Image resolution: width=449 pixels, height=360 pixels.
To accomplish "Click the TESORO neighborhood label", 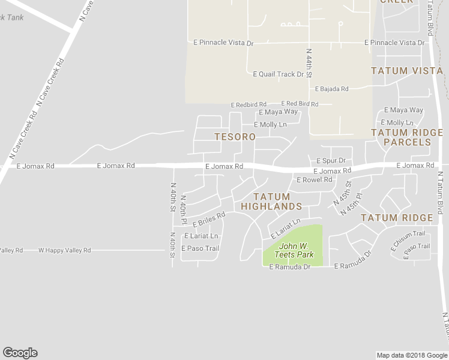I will pos(235,137).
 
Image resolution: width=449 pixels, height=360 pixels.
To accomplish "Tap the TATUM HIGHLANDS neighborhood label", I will pos(271,202).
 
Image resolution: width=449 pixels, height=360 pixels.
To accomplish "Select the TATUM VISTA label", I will pos(407,71).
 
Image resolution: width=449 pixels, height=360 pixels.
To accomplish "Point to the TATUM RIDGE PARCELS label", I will pos(407,137).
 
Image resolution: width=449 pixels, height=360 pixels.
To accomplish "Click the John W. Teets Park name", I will pos(294,250).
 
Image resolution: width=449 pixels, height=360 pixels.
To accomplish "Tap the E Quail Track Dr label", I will pos(279,74).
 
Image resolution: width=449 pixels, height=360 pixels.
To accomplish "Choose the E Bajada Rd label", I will pos(332,89).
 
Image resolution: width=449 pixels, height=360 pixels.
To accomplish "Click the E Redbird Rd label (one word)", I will pos(249,105).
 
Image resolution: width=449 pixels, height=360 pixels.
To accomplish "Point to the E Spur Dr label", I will pos(331,161).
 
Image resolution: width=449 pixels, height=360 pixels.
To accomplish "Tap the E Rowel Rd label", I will pos(314,179).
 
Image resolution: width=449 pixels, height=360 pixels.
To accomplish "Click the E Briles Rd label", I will pos(208,218).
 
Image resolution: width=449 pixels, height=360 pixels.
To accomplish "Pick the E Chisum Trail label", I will pos(408,239).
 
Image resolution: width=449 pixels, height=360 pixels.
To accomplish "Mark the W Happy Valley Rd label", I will pos(64,250).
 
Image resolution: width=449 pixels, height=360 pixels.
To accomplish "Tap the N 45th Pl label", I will pos(352,204).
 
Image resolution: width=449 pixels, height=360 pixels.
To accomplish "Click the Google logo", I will pos(20,353).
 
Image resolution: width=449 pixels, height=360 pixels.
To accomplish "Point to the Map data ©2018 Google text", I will pos(412,355).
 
